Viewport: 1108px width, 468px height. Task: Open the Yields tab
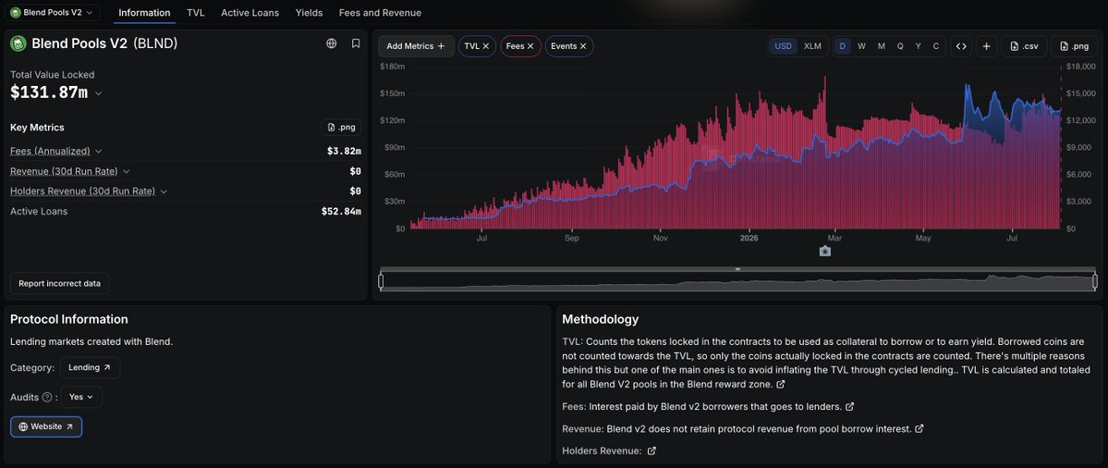coord(309,13)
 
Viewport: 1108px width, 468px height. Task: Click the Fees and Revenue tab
coord(380,13)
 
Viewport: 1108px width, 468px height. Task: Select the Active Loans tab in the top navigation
coord(250,13)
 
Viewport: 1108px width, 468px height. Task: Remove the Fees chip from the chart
coord(530,46)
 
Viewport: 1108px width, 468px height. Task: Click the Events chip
coord(569,46)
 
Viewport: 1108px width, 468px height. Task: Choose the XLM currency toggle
coord(812,46)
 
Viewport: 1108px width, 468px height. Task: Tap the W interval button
coord(861,46)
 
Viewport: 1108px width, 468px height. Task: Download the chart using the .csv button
coord(1024,46)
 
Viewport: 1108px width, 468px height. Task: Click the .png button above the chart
coord(1074,46)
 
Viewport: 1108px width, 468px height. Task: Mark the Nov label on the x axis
coord(660,239)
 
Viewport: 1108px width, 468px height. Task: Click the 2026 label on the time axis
coord(749,239)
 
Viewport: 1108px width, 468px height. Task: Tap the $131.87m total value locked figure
coord(49,92)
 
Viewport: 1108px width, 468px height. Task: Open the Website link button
coord(46,427)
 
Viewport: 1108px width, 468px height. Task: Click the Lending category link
coord(90,367)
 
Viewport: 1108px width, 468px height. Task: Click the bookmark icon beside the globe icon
coord(356,43)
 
